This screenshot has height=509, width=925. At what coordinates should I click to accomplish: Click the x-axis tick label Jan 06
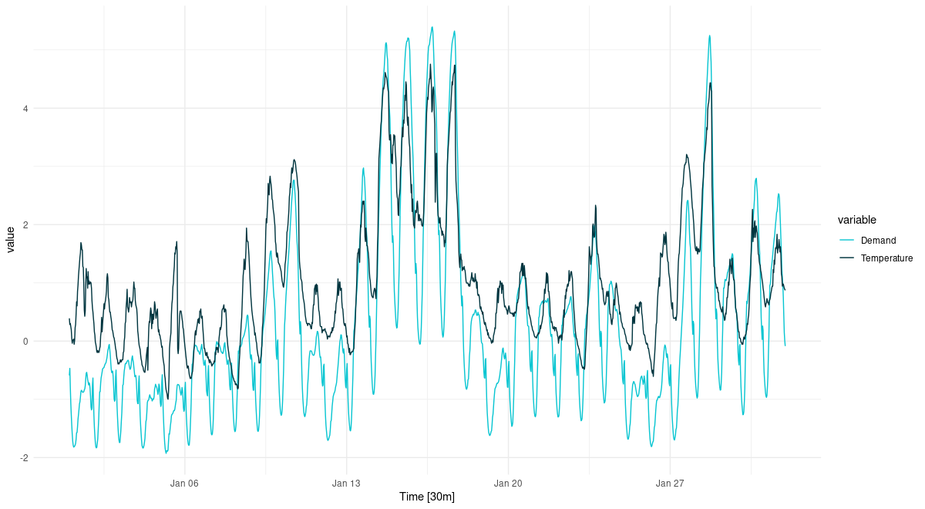pos(184,484)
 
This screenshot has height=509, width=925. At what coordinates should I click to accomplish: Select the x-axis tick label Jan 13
pos(346,484)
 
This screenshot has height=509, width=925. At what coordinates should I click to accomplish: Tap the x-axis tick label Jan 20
pos(508,484)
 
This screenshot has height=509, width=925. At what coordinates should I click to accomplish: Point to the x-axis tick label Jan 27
pos(670,484)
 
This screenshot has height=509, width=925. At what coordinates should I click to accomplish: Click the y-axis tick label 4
pos(25,109)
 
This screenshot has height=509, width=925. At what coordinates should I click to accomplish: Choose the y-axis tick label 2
pos(25,225)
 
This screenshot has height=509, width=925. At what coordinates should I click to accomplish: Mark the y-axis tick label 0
pos(25,342)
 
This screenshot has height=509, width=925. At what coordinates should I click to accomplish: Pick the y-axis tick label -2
pos(24,458)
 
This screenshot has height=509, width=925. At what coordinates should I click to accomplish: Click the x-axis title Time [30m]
pos(427,497)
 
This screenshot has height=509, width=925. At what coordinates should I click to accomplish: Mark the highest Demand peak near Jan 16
pos(432,27)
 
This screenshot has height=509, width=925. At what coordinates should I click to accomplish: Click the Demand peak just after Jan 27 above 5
pos(709,35)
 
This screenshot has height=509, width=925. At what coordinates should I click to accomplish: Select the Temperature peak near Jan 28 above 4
pos(711,83)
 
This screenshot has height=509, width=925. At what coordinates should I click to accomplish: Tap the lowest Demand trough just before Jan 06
pos(166,453)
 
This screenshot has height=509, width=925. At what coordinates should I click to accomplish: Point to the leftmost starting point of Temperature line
pos(69,319)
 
